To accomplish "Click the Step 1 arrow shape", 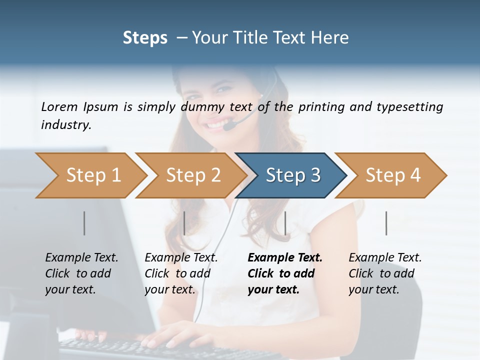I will (x=90, y=175).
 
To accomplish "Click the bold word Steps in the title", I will (x=145, y=38).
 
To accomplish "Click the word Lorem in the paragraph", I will (x=59, y=107).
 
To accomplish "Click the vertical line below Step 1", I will (x=84, y=223).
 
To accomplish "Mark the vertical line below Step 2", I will (x=184, y=223).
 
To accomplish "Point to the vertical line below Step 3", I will (x=285, y=223).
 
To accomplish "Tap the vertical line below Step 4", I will (x=386, y=223).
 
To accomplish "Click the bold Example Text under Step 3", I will (x=285, y=258).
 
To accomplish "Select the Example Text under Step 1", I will (x=82, y=258).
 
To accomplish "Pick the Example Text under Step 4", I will (x=385, y=258).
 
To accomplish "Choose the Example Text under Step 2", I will (x=181, y=258).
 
